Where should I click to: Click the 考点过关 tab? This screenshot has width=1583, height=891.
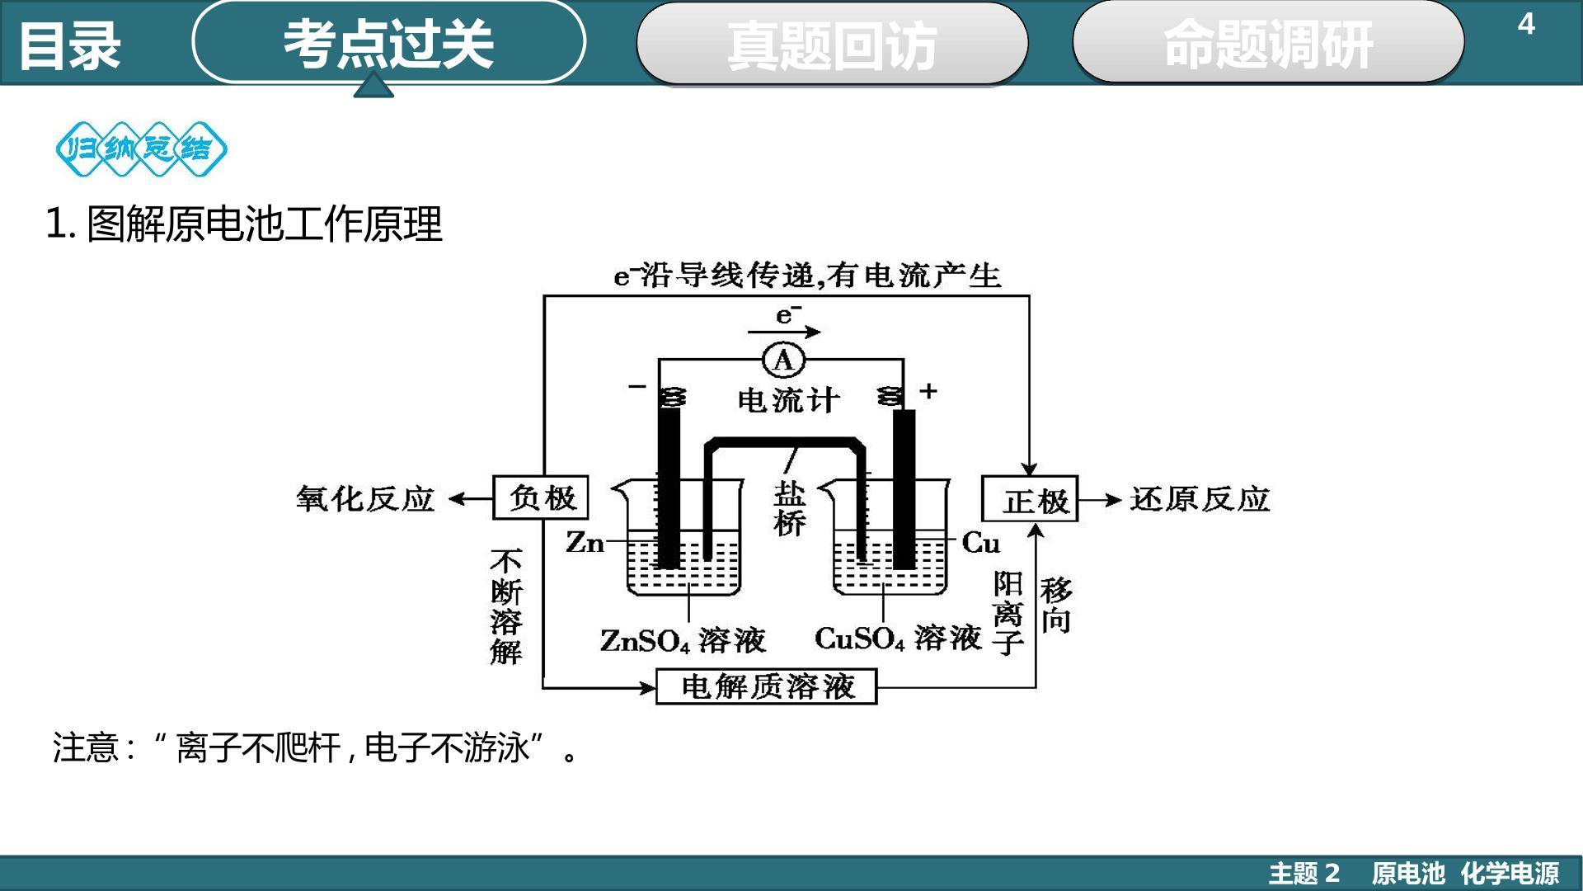(x=388, y=42)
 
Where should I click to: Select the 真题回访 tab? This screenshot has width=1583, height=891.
(x=832, y=44)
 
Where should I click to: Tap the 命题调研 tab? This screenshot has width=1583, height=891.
(x=1268, y=43)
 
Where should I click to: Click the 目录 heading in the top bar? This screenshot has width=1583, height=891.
(x=70, y=45)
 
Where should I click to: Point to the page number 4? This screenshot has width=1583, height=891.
(x=1526, y=24)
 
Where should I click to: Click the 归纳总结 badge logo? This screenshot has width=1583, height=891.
(x=142, y=149)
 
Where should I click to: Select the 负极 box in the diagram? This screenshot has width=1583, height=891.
(x=541, y=497)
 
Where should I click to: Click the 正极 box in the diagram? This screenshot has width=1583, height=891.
(x=1030, y=498)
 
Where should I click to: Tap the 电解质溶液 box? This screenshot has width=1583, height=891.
(x=767, y=686)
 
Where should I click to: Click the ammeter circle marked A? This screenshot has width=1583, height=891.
(x=783, y=360)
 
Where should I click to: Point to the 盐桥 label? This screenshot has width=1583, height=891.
(x=789, y=508)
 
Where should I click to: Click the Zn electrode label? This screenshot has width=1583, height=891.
(x=585, y=542)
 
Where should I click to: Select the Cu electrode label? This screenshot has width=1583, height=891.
(x=981, y=543)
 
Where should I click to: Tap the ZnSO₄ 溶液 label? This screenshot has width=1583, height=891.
(x=683, y=640)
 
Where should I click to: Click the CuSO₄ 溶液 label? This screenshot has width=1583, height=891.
(x=899, y=639)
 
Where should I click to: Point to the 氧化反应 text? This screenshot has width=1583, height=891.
(x=365, y=498)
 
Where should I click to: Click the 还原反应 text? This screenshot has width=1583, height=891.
(x=1200, y=498)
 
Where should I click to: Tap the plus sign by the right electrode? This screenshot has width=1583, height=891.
(x=928, y=390)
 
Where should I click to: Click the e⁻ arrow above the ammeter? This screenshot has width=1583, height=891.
(x=784, y=332)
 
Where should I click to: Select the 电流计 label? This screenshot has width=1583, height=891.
(x=789, y=400)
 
